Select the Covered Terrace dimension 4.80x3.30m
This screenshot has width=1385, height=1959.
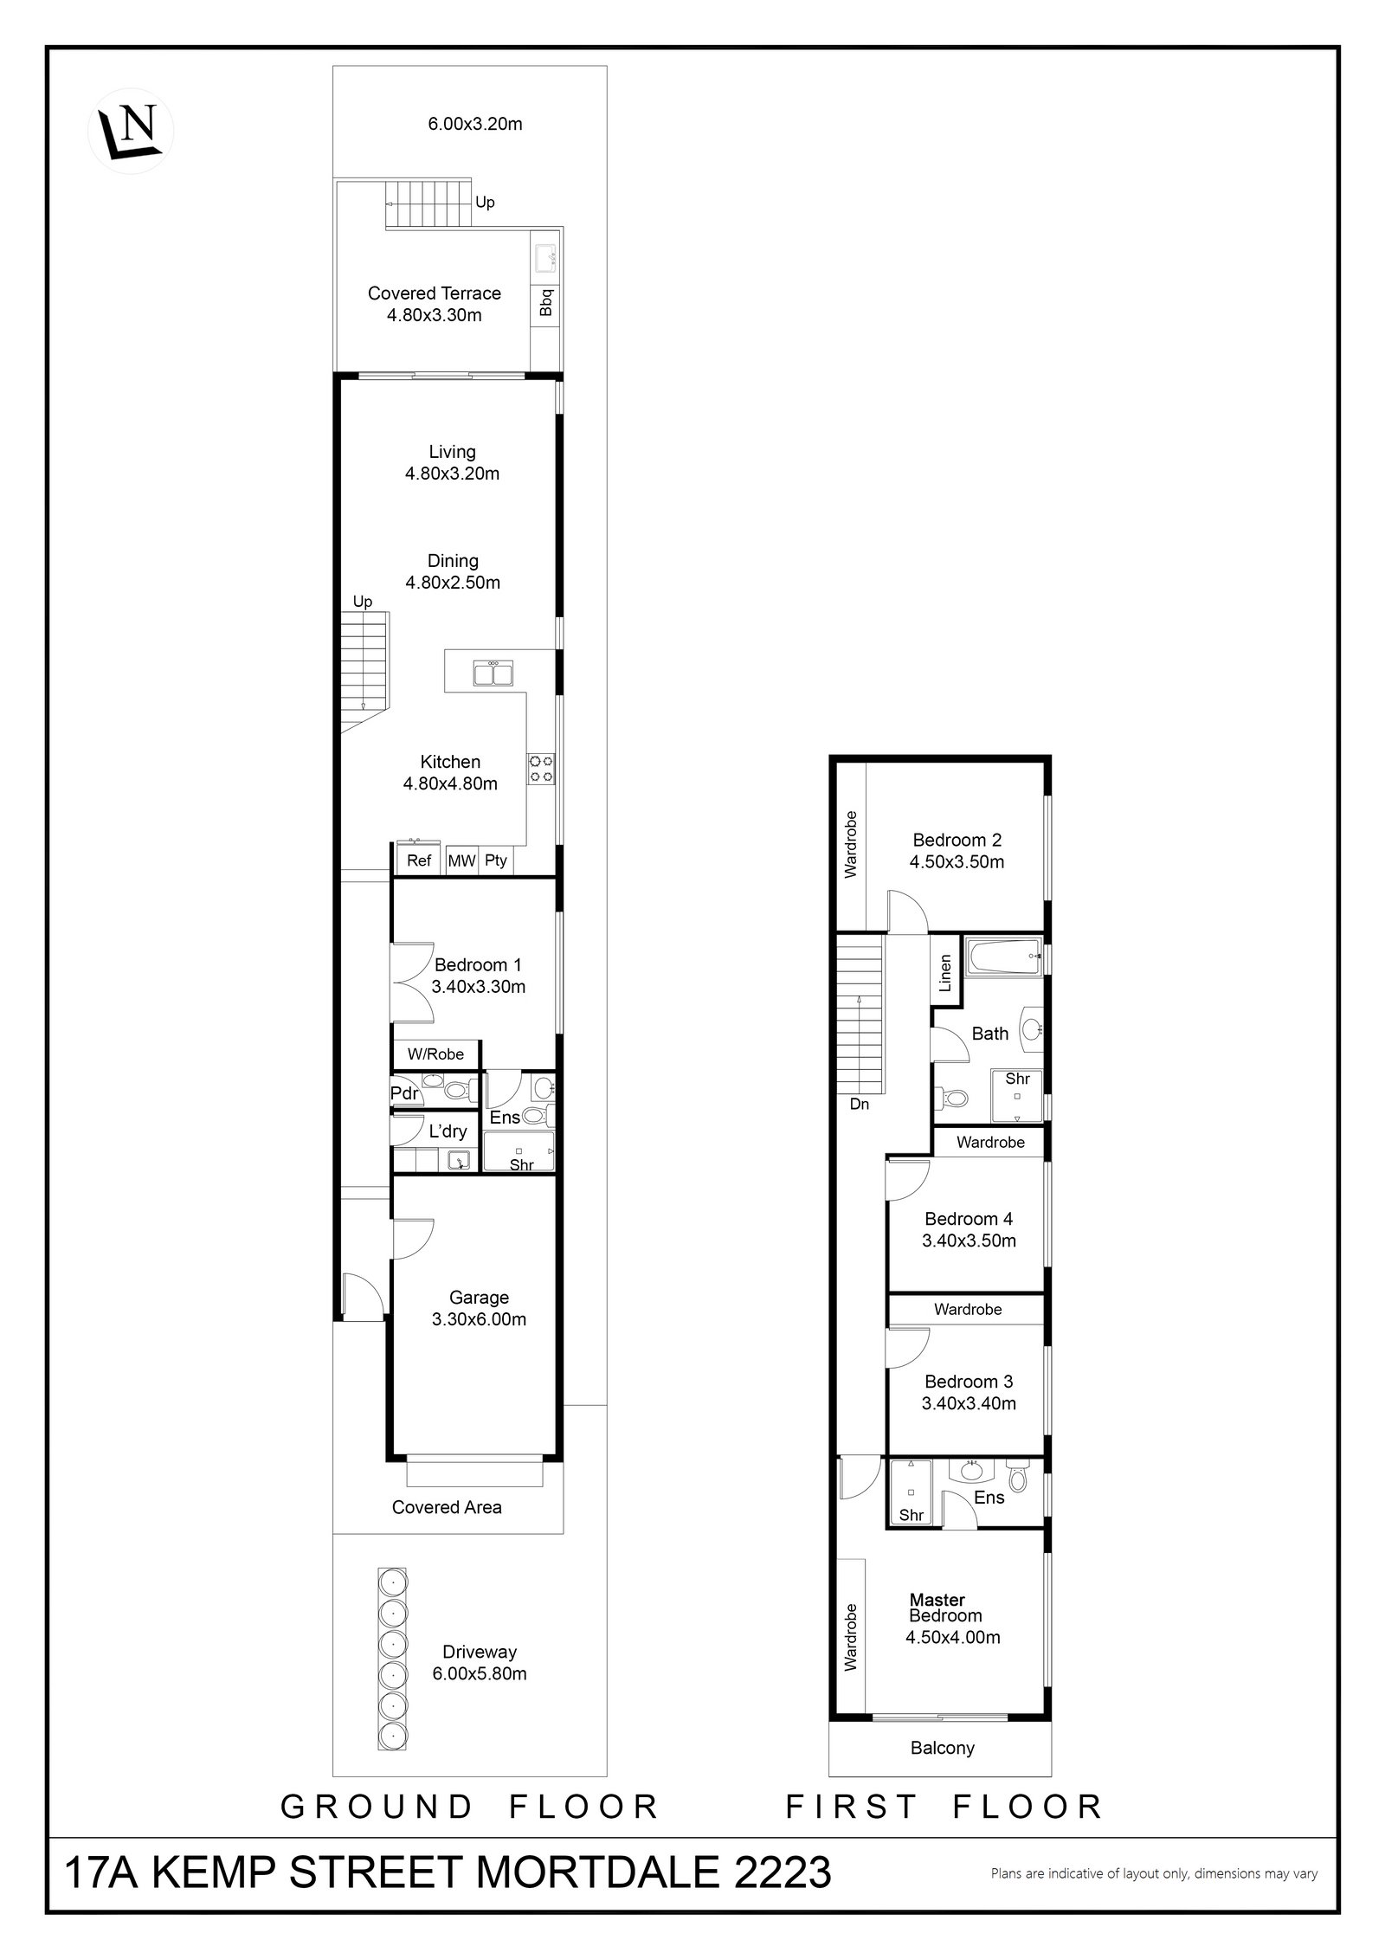[434, 315]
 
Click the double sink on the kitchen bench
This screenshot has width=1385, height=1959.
[493, 673]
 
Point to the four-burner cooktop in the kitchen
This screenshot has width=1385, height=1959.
[542, 769]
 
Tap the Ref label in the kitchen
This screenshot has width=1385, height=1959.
[419, 860]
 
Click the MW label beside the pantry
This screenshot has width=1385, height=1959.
[461, 861]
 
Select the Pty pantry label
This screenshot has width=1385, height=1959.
[496, 861]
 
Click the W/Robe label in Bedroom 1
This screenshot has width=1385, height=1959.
[435, 1054]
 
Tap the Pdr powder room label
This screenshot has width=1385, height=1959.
[404, 1093]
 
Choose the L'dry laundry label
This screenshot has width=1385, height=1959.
[448, 1131]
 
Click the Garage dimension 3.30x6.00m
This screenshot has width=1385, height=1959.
[479, 1319]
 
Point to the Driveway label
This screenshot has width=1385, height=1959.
[479, 1652]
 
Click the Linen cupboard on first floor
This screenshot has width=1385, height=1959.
[945, 972]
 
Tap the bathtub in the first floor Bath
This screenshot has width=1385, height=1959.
[1004, 957]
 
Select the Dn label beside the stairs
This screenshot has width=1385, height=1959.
[859, 1105]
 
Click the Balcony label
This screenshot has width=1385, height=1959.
[942, 1748]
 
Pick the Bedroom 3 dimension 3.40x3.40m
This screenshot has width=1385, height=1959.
[968, 1403]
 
